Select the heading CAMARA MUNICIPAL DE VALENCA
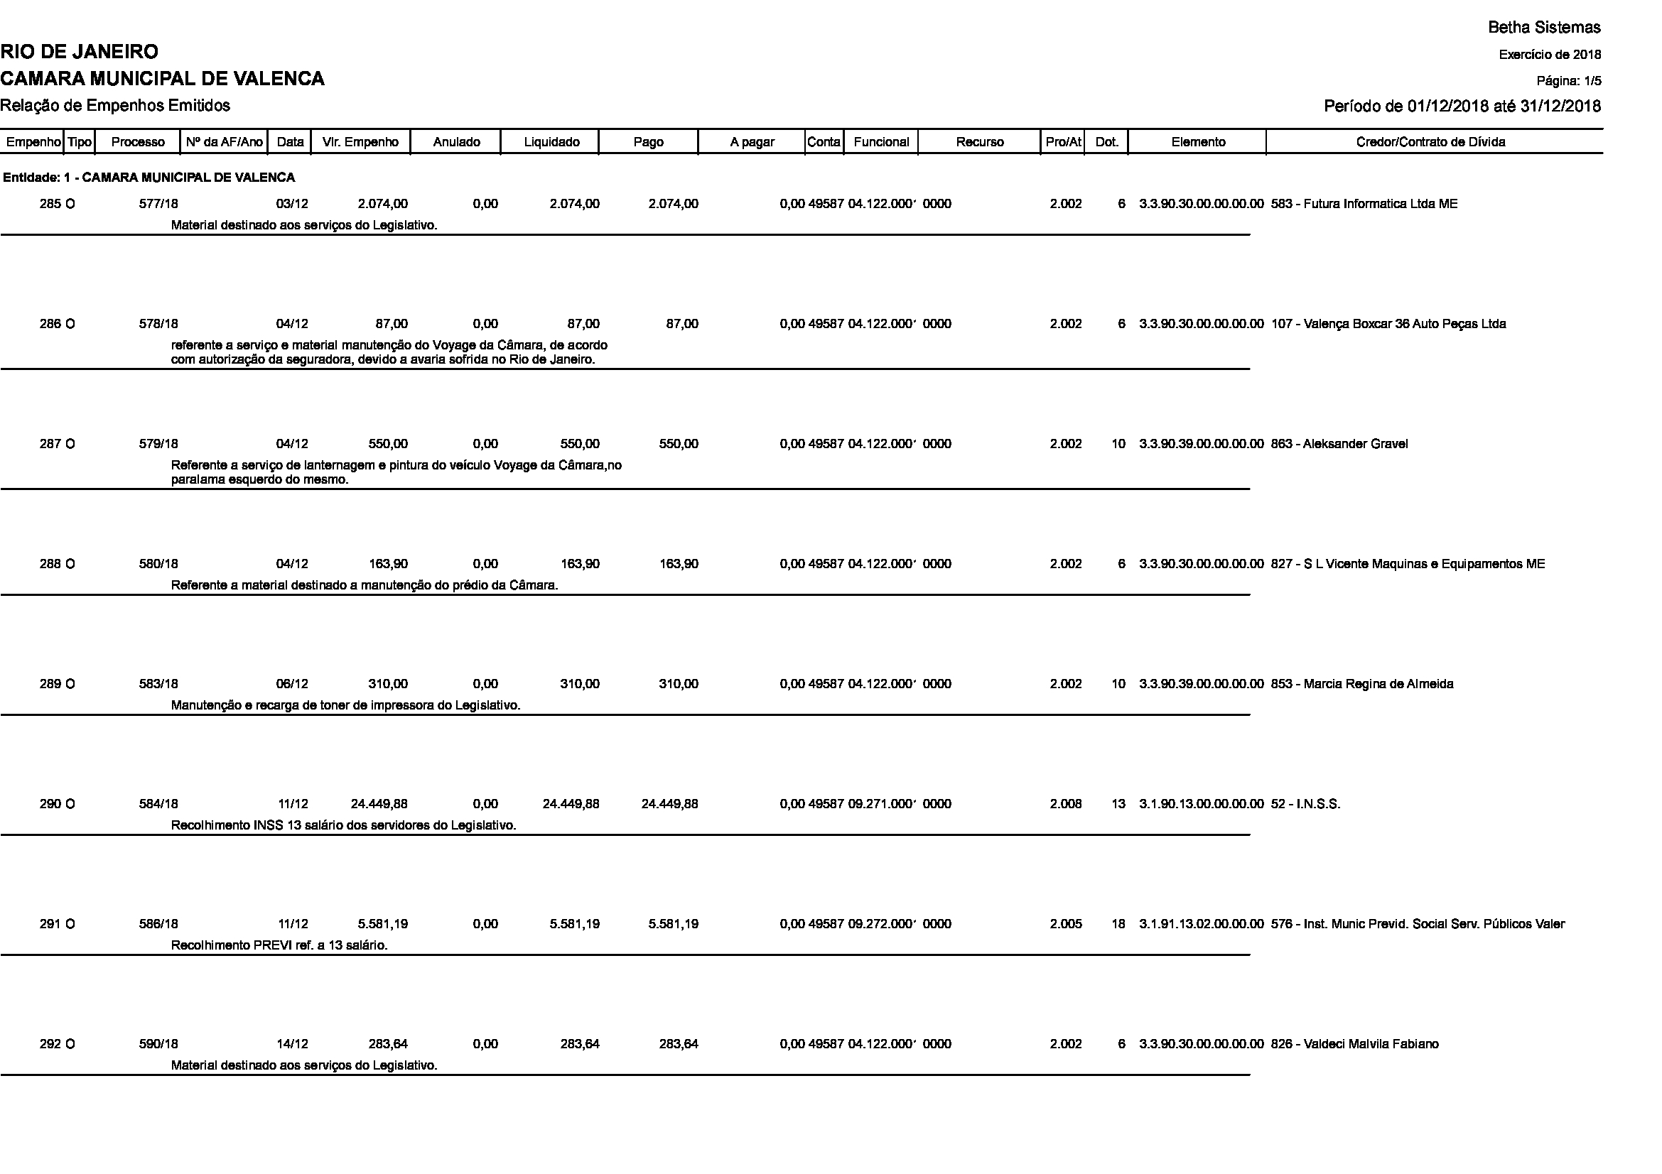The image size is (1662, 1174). pyautogui.click(x=162, y=79)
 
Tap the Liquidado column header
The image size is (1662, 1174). pyautogui.click(x=551, y=142)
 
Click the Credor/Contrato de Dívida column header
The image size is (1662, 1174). pyautogui.click(x=1430, y=142)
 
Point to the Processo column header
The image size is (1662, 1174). pyautogui.click(x=138, y=142)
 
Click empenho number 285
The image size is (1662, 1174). pyautogui.click(x=50, y=204)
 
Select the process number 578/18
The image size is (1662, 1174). pyautogui.click(x=158, y=324)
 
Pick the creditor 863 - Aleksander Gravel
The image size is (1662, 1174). pyautogui.click(x=1339, y=444)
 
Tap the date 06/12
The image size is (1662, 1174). pyautogui.click(x=293, y=684)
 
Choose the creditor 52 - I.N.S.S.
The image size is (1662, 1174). pyautogui.click(x=1306, y=805)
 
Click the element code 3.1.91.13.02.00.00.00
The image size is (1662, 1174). pyautogui.click(x=1201, y=925)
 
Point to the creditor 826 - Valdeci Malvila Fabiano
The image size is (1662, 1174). pyautogui.click(x=1354, y=1045)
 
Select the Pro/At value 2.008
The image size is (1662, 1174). pyautogui.click(x=1066, y=805)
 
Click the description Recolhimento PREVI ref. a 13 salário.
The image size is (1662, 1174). pyautogui.click(x=279, y=945)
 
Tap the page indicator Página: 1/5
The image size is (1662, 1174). pyautogui.click(x=1569, y=81)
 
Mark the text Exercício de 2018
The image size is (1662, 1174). pyautogui.click(x=1550, y=55)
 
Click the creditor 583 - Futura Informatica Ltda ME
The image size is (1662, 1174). pyautogui.click(x=1364, y=204)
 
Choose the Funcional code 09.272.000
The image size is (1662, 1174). pyautogui.click(x=881, y=925)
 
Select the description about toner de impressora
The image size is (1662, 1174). pyautogui.click(x=345, y=705)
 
